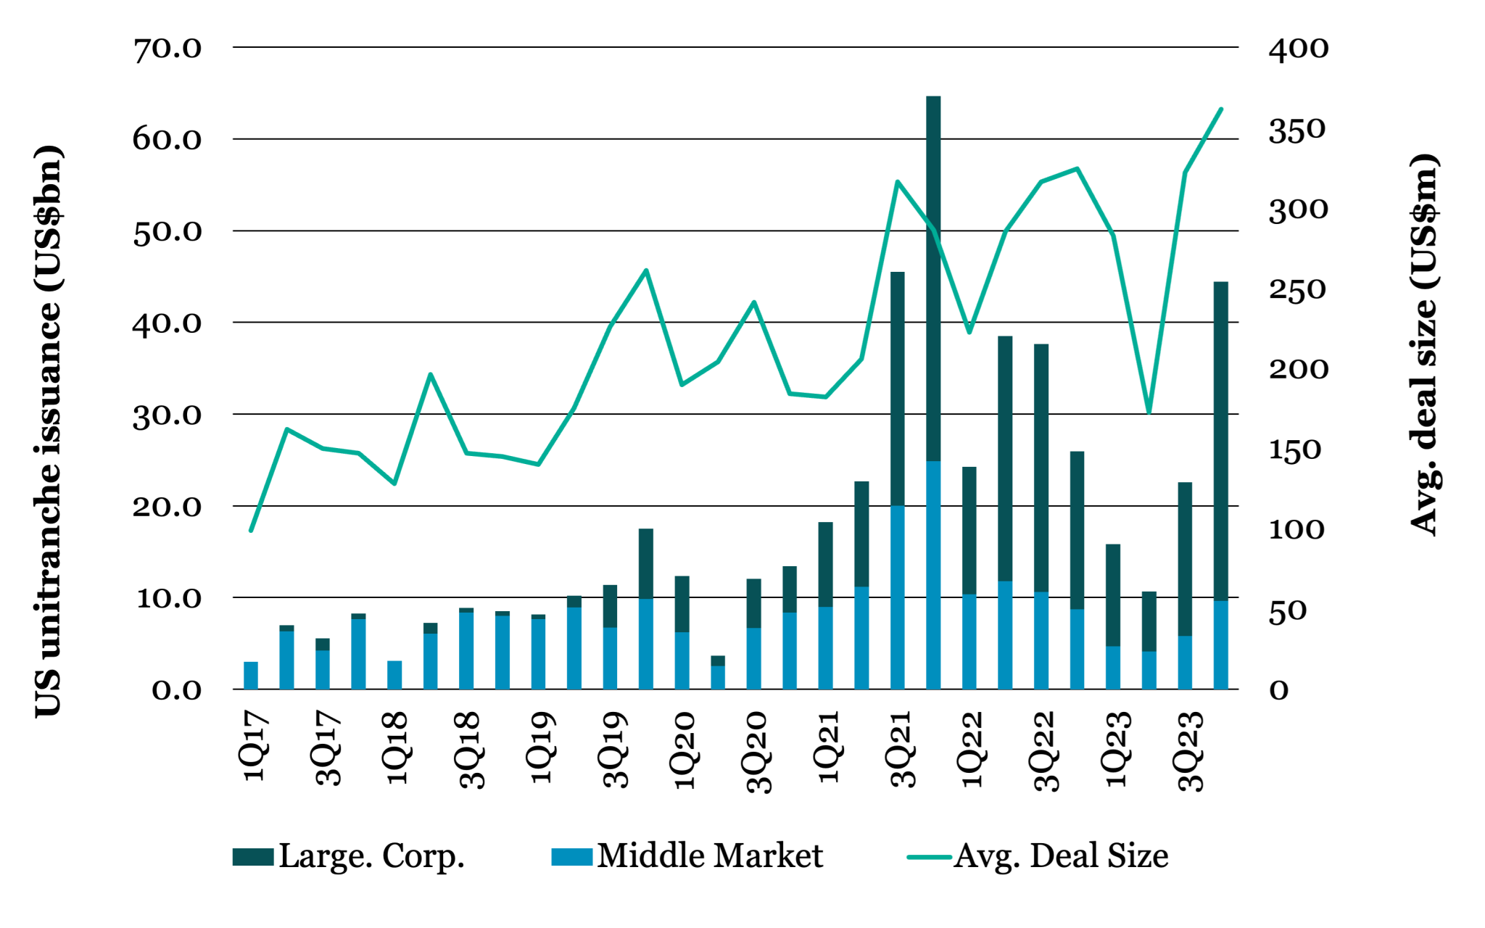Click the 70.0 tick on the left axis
coord(167,49)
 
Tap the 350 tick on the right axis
coord(1298,130)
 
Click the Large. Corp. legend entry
coord(348,856)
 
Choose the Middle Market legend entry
coord(687,856)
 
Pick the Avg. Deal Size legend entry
coord(1038,856)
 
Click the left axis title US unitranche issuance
coord(49,431)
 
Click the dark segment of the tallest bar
coord(933,275)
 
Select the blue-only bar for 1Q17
coord(251,675)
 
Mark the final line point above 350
coord(1221,109)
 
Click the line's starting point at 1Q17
coord(251,531)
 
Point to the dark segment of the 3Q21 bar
coord(898,388)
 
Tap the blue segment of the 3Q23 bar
coord(1185,662)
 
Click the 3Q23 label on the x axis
coord(1191,750)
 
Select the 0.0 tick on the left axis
coord(176,690)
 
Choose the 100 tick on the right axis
coord(1296,530)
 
